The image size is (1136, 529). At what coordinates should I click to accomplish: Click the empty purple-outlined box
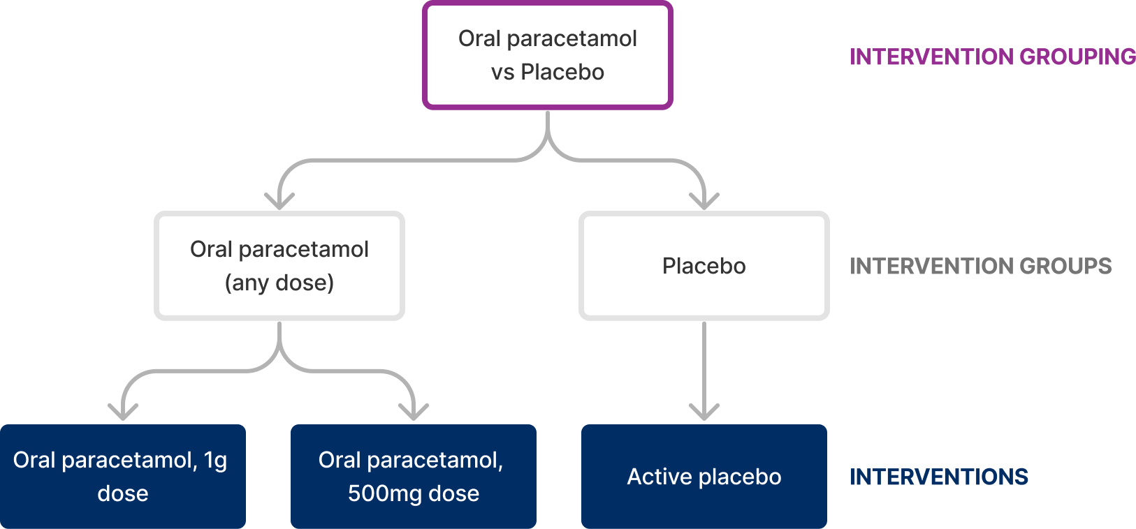click(548, 56)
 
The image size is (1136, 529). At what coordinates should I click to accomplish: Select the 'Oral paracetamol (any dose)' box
click(279, 266)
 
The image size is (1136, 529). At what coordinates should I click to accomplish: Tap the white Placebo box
click(704, 266)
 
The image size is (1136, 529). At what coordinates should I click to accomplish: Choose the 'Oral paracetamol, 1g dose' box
click(123, 477)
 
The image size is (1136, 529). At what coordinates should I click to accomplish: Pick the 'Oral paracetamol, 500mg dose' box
click(414, 477)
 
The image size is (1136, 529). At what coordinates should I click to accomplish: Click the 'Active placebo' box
click(704, 477)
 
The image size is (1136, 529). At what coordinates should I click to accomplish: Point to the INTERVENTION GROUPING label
click(992, 57)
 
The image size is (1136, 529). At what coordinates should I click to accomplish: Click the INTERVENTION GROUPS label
click(980, 266)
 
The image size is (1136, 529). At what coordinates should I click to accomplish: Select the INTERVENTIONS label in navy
click(938, 477)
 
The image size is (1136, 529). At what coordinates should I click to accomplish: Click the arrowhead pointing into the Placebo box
click(704, 202)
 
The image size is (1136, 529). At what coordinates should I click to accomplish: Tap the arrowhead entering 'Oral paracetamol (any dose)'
click(279, 202)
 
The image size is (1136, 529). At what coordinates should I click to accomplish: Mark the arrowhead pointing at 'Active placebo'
click(704, 412)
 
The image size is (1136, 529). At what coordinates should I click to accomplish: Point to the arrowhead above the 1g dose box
click(123, 412)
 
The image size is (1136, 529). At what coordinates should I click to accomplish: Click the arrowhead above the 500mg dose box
click(414, 412)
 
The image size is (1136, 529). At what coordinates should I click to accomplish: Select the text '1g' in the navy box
click(215, 461)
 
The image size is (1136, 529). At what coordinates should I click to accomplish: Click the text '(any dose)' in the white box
click(279, 283)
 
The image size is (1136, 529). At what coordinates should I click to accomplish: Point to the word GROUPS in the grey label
click(1065, 266)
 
